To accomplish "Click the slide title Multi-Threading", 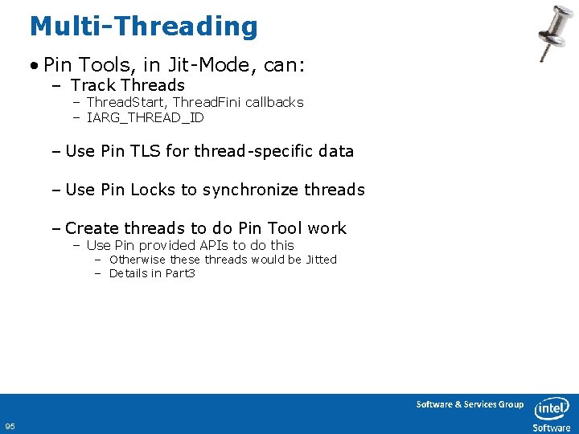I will [x=143, y=27].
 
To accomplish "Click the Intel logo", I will [x=553, y=407].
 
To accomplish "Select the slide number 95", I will [x=10, y=426].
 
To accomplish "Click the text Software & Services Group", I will [x=470, y=404].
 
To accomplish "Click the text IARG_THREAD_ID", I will [x=145, y=117].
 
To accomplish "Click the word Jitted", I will [x=321, y=260].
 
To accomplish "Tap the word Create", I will [x=92, y=228].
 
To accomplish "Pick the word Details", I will [x=129, y=273].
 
